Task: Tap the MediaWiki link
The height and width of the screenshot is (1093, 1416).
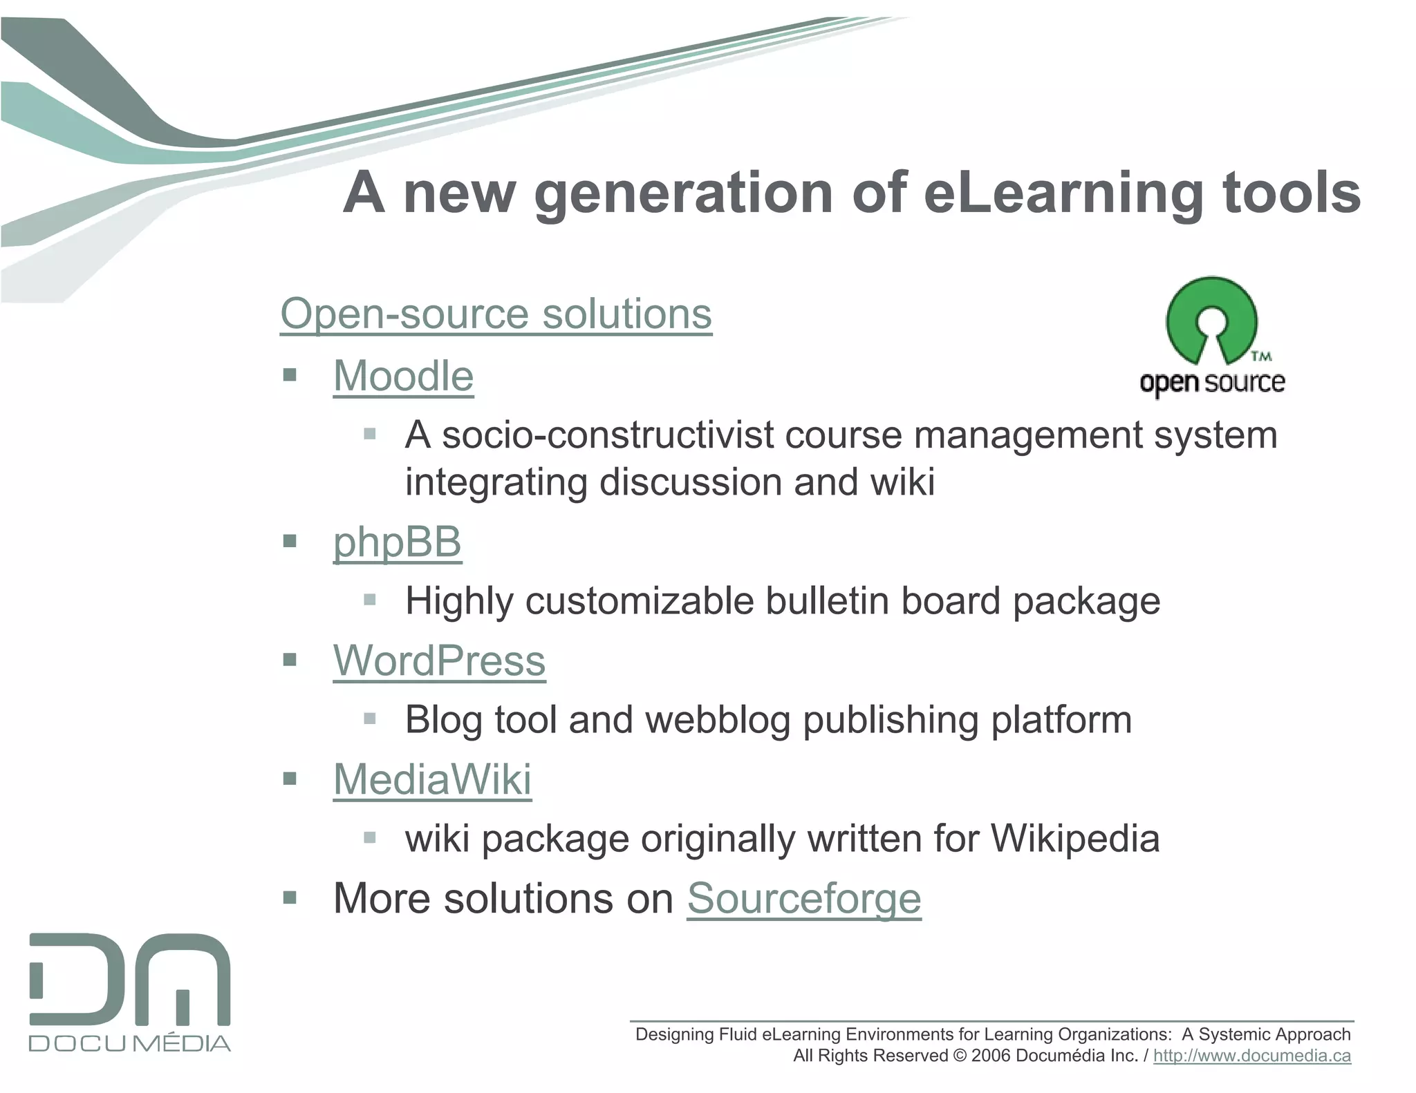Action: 432,779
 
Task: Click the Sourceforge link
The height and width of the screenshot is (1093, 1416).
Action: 803,898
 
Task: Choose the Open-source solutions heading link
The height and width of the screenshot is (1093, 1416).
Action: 496,314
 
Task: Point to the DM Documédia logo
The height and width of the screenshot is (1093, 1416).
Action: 130,992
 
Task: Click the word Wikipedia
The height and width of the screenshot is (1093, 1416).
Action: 1075,839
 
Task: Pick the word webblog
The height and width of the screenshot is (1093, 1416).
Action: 717,720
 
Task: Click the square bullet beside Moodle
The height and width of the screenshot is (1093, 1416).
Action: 290,376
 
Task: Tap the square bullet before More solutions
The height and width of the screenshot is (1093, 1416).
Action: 290,898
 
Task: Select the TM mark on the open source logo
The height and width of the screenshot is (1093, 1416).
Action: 1261,357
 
